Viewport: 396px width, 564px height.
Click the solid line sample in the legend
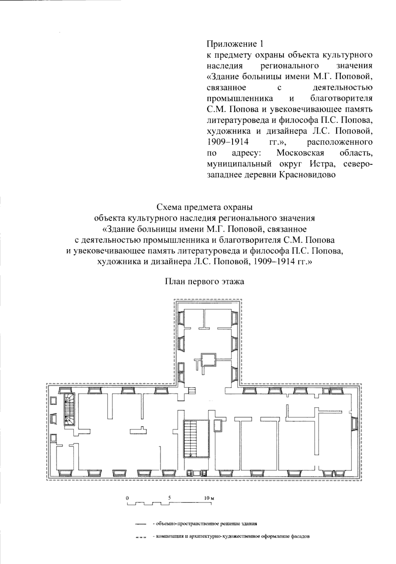(141, 524)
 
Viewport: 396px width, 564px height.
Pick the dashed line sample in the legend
(141, 537)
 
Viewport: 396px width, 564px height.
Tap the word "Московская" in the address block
(300, 153)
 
